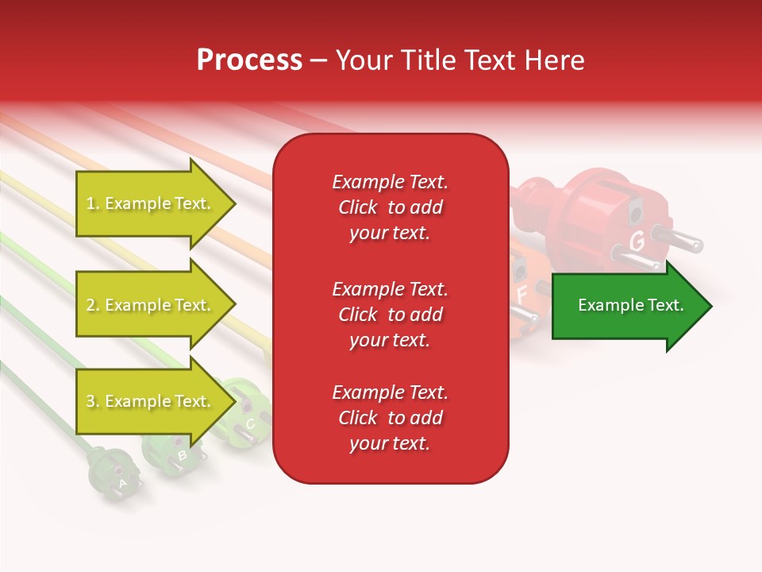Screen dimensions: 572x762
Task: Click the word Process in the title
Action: click(249, 60)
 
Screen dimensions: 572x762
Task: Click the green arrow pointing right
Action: click(631, 306)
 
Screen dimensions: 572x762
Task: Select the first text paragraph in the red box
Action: click(390, 207)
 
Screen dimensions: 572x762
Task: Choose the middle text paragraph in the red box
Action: click(390, 315)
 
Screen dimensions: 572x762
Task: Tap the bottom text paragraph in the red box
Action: click(390, 418)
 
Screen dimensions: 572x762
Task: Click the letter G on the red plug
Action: click(637, 240)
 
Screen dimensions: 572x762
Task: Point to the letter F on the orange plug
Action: click(521, 294)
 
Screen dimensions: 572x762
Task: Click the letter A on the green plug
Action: click(122, 482)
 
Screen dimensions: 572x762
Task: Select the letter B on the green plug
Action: click(182, 455)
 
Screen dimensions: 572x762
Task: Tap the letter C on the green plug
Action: click(250, 424)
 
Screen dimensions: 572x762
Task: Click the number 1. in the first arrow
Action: click(93, 204)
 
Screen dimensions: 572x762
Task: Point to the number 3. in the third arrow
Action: click(93, 402)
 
